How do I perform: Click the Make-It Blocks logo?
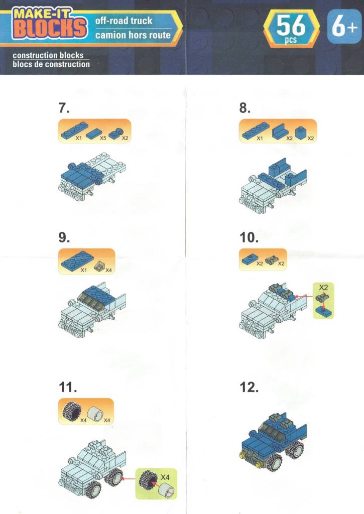point(50,24)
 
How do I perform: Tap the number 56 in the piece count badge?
point(291,26)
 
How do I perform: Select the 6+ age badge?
point(344,26)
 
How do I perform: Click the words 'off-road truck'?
point(124,21)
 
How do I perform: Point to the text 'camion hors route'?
point(133,35)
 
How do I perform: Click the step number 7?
point(64,107)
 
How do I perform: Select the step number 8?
point(245,107)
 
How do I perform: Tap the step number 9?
point(64,237)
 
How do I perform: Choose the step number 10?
point(249,237)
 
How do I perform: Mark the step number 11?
point(68,387)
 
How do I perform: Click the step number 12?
point(249,387)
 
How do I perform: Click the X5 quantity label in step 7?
point(103,138)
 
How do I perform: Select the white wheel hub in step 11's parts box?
point(95,413)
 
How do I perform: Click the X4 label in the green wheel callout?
point(165,477)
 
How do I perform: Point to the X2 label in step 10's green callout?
point(323,288)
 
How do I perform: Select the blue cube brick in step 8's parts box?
point(301,133)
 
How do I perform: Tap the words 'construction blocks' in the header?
point(48,55)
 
